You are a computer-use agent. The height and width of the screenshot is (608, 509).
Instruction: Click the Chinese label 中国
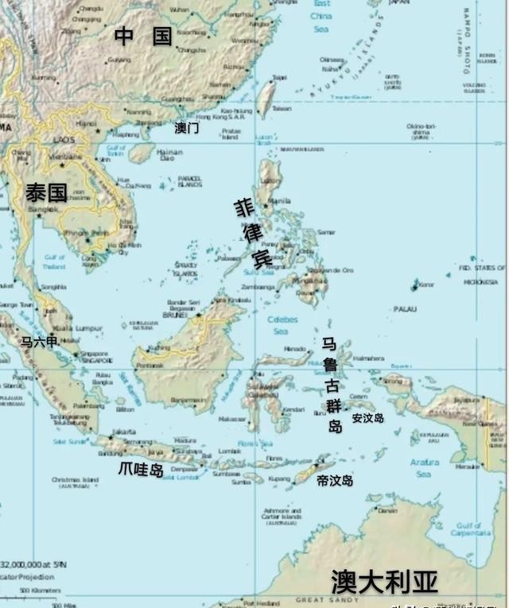pyautogui.click(x=143, y=35)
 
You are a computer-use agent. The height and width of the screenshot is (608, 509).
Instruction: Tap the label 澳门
pyautogui.click(x=186, y=127)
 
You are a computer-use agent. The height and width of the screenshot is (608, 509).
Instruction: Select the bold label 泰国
pyautogui.click(x=46, y=192)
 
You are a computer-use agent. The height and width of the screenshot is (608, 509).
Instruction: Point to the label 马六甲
pyautogui.click(x=39, y=342)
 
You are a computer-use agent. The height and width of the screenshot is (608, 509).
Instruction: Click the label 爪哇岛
pyautogui.click(x=141, y=469)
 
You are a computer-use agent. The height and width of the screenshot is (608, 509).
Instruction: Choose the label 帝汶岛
pyautogui.click(x=334, y=480)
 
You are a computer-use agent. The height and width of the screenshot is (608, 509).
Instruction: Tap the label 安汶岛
pyautogui.click(x=367, y=417)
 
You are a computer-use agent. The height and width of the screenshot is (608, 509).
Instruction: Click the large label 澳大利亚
pyautogui.click(x=384, y=582)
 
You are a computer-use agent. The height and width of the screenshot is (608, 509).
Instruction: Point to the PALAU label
pyautogui.click(x=405, y=308)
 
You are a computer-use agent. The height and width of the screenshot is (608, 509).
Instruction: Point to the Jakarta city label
pyautogui.click(x=124, y=432)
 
